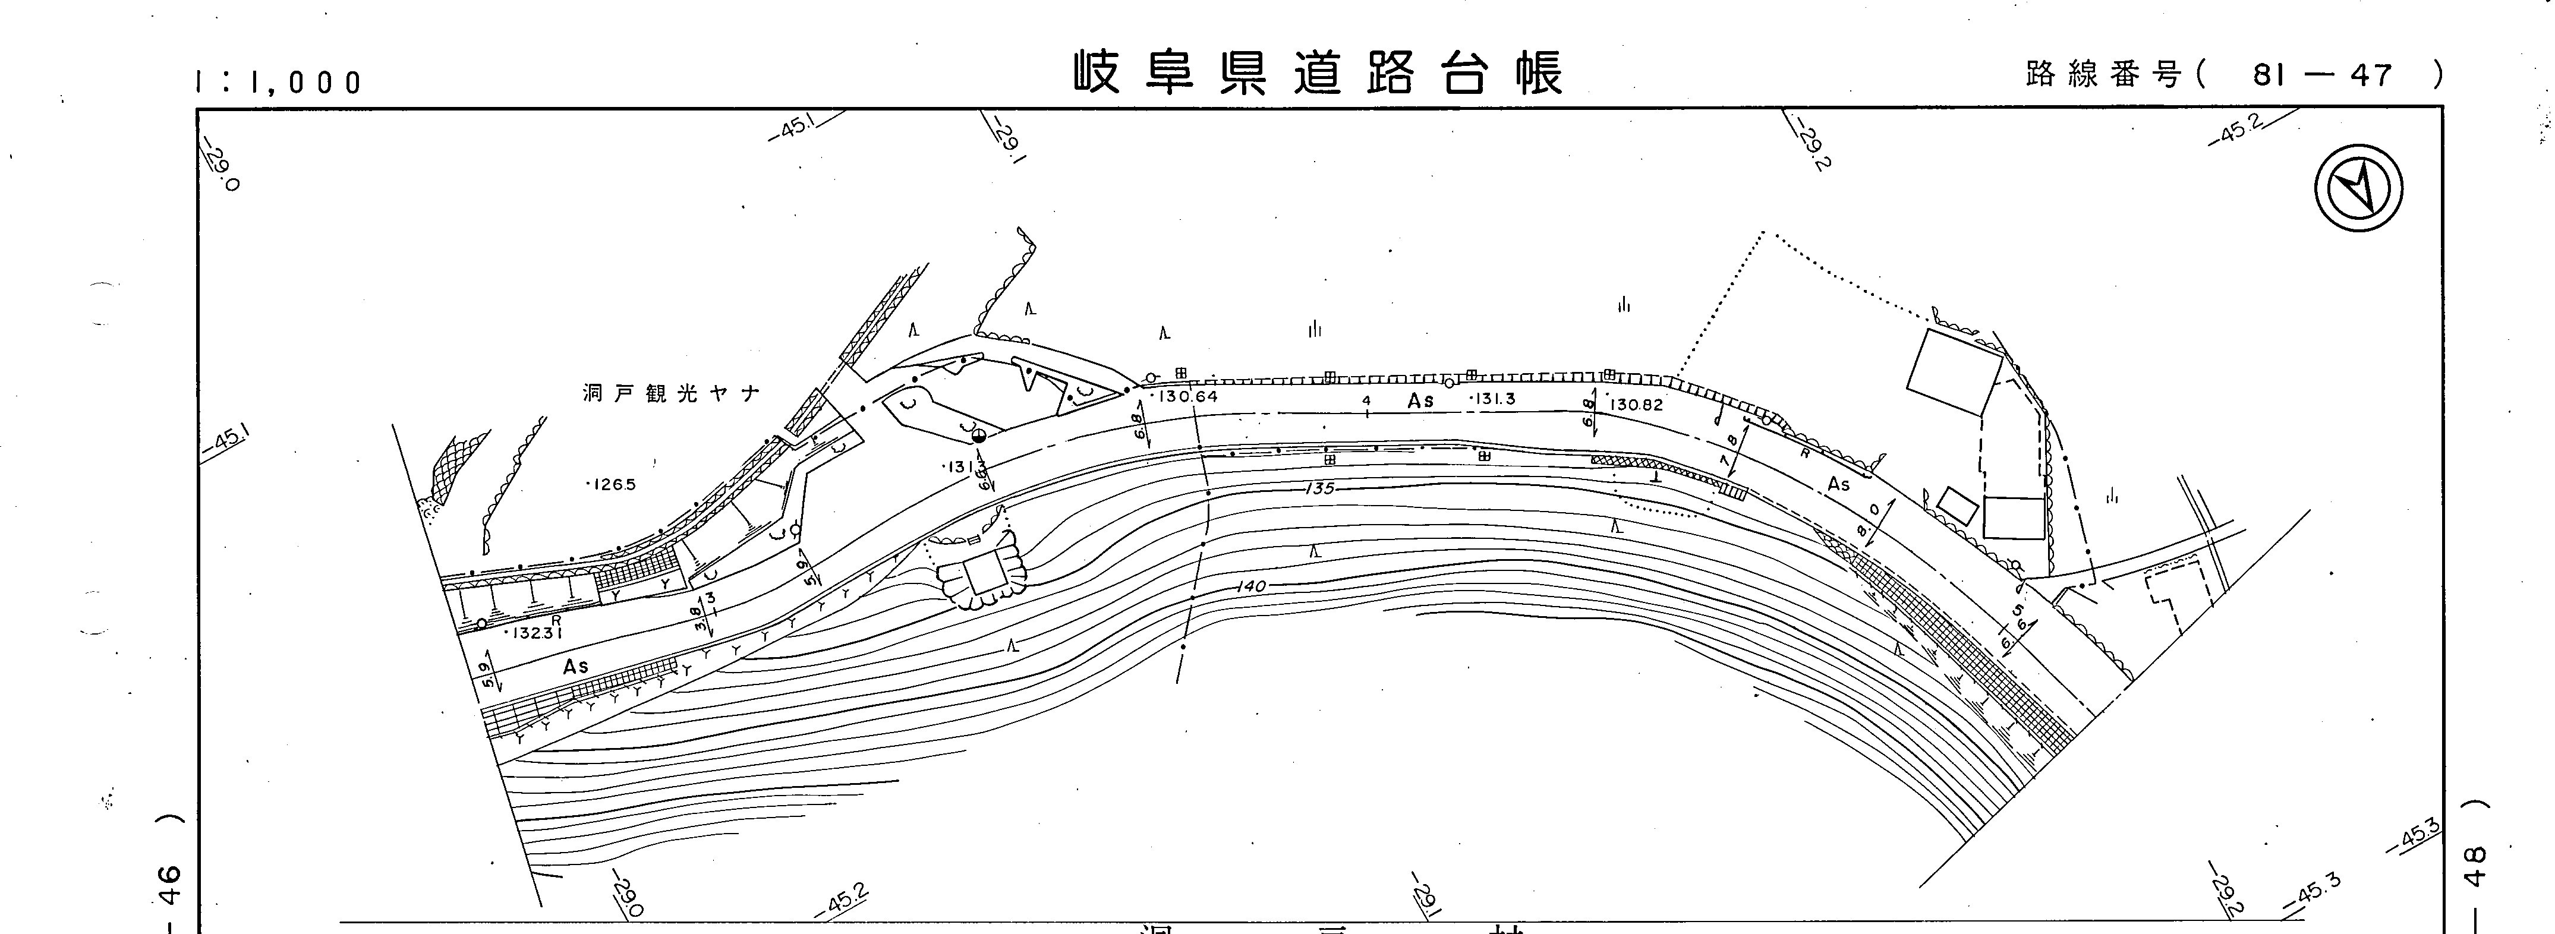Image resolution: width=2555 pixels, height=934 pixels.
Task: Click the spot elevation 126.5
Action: point(612,485)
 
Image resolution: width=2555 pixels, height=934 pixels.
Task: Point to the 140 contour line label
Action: point(1252,586)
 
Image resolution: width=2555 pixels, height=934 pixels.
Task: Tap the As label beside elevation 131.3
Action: point(1420,400)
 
